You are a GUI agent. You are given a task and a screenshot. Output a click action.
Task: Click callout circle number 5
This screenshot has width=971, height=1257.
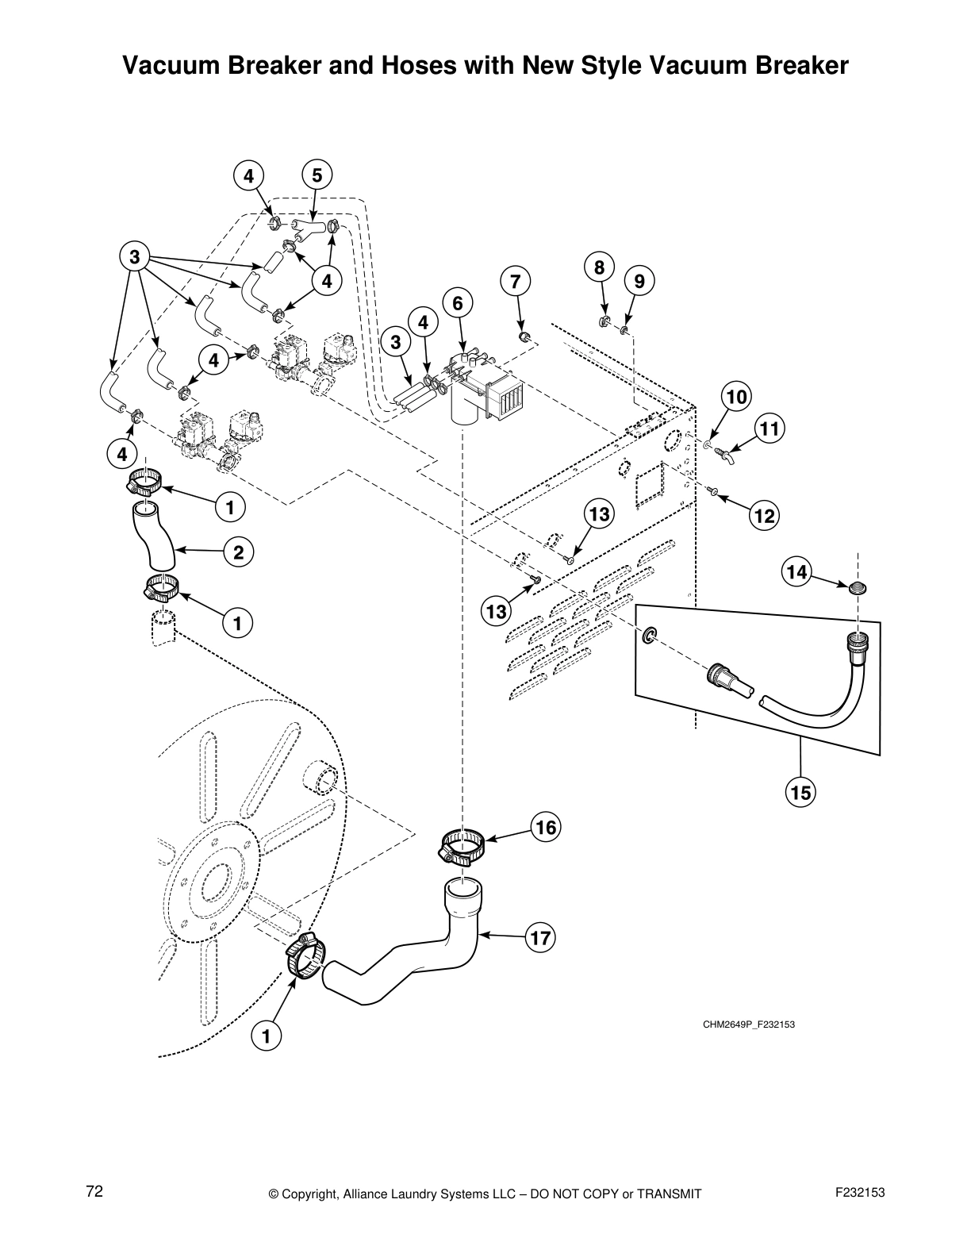(x=317, y=175)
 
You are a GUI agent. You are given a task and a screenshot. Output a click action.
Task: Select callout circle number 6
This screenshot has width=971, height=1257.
(x=458, y=303)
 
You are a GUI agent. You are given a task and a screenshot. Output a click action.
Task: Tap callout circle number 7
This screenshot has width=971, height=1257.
(x=515, y=281)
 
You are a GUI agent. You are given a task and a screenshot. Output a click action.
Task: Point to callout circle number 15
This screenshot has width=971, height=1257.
(x=800, y=791)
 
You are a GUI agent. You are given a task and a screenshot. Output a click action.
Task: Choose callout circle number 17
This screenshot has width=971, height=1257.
(x=540, y=938)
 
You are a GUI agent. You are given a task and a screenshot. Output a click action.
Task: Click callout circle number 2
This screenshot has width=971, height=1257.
(x=238, y=552)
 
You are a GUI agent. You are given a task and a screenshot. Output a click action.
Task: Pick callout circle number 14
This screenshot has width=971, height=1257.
(x=797, y=571)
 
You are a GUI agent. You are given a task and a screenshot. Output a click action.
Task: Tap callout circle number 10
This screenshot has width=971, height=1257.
(x=737, y=396)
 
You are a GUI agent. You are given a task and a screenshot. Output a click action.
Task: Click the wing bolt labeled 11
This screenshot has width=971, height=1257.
(x=723, y=454)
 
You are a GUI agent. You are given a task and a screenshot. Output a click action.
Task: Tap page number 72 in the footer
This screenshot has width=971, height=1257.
(x=94, y=1191)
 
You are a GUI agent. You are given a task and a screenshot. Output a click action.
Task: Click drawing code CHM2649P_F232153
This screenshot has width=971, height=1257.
(x=748, y=1024)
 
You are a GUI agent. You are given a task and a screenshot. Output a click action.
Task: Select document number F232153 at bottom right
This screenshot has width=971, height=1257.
(x=860, y=1193)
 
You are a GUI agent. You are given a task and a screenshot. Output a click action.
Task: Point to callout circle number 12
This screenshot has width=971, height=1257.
(x=764, y=517)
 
